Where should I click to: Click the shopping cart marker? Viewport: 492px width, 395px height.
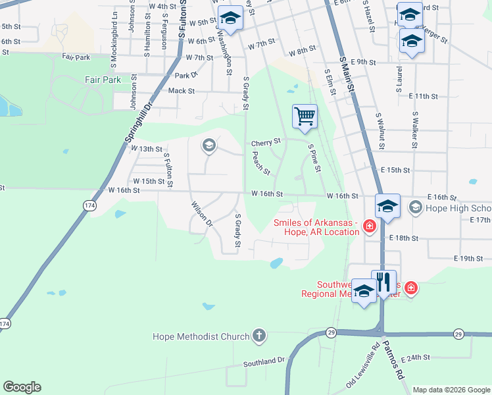tap(305, 117)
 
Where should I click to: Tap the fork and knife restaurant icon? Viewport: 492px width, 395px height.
tap(384, 282)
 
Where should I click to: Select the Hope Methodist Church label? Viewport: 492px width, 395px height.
tap(201, 336)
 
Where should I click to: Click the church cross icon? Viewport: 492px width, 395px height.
tap(258, 336)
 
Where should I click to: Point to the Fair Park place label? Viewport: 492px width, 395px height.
tap(103, 80)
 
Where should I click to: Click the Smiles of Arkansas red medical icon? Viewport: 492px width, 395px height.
tap(369, 227)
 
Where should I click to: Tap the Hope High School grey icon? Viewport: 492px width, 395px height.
tap(415, 208)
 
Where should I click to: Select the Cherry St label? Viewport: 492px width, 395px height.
tap(266, 142)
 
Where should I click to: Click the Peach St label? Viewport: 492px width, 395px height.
tap(261, 163)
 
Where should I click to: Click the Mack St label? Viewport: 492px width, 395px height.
tap(182, 91)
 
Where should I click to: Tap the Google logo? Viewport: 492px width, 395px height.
tap(22, 387)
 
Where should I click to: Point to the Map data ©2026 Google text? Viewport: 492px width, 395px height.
tap(451, 390)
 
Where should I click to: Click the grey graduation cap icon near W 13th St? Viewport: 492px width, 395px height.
tap(209, 145)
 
